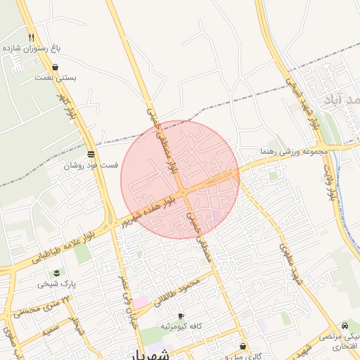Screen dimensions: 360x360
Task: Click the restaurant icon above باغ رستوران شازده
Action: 31,37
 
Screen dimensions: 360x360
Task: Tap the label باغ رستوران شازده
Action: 32,49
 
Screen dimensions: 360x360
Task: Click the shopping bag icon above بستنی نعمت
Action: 55,67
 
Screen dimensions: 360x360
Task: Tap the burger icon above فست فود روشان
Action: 91,155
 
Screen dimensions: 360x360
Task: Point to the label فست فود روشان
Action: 91,166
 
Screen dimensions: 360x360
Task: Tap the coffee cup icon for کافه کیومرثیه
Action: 181,316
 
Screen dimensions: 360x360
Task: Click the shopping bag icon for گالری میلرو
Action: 243,346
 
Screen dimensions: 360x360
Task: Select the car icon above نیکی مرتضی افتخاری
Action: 345,326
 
